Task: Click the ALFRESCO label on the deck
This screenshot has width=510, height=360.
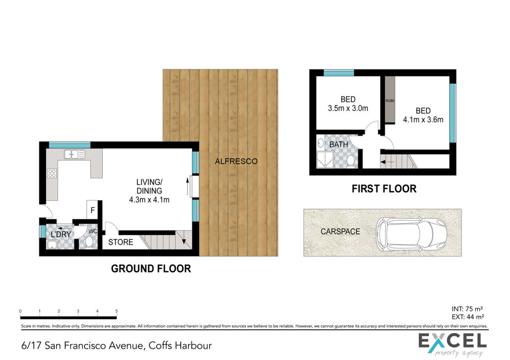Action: (236, 161)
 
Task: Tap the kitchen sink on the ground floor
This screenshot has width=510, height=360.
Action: (74, 154)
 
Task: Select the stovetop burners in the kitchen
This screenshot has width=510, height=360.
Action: (52, 173)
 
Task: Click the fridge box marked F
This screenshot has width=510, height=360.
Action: (93, 210)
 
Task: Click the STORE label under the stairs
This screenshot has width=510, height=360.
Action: (121, 242)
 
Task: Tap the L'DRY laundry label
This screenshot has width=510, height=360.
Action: (61, 235)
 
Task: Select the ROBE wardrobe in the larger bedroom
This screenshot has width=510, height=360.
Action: (390, 100)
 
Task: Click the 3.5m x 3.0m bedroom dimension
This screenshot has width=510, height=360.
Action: (348, 108)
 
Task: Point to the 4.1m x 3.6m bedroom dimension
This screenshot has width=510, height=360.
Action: (423, 120)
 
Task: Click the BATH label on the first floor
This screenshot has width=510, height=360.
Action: (339, 144)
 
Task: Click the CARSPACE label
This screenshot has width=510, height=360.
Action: (340, 232)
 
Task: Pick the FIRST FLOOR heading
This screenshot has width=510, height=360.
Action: (384, 189)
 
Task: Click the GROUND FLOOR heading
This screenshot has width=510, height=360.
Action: (151, 269)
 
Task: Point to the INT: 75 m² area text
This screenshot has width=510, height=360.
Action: (467, 309)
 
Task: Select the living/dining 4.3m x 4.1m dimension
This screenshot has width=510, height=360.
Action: (149, 200)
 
